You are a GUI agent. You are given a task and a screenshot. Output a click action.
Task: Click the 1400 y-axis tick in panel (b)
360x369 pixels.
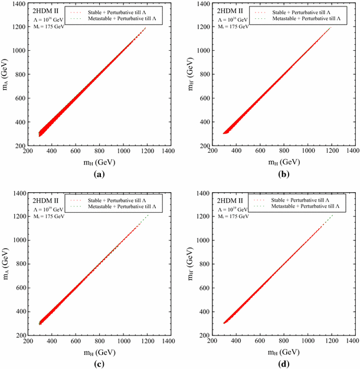tap(198, 4)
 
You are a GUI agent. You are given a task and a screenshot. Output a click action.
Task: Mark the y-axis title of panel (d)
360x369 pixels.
tap(191, 264)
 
